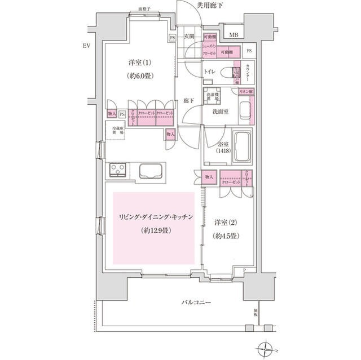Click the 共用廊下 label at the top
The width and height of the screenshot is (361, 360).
(210, 5)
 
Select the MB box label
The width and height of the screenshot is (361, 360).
(233, 35)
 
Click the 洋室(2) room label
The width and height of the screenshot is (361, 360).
(226, 223)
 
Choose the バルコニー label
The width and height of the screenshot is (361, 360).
(196, 303)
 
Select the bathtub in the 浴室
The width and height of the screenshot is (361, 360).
(243, 146)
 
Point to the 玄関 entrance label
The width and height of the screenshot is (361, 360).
(190, 37)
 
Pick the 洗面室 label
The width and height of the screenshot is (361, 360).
(220, 112)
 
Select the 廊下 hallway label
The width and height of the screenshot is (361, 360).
(190, 101)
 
